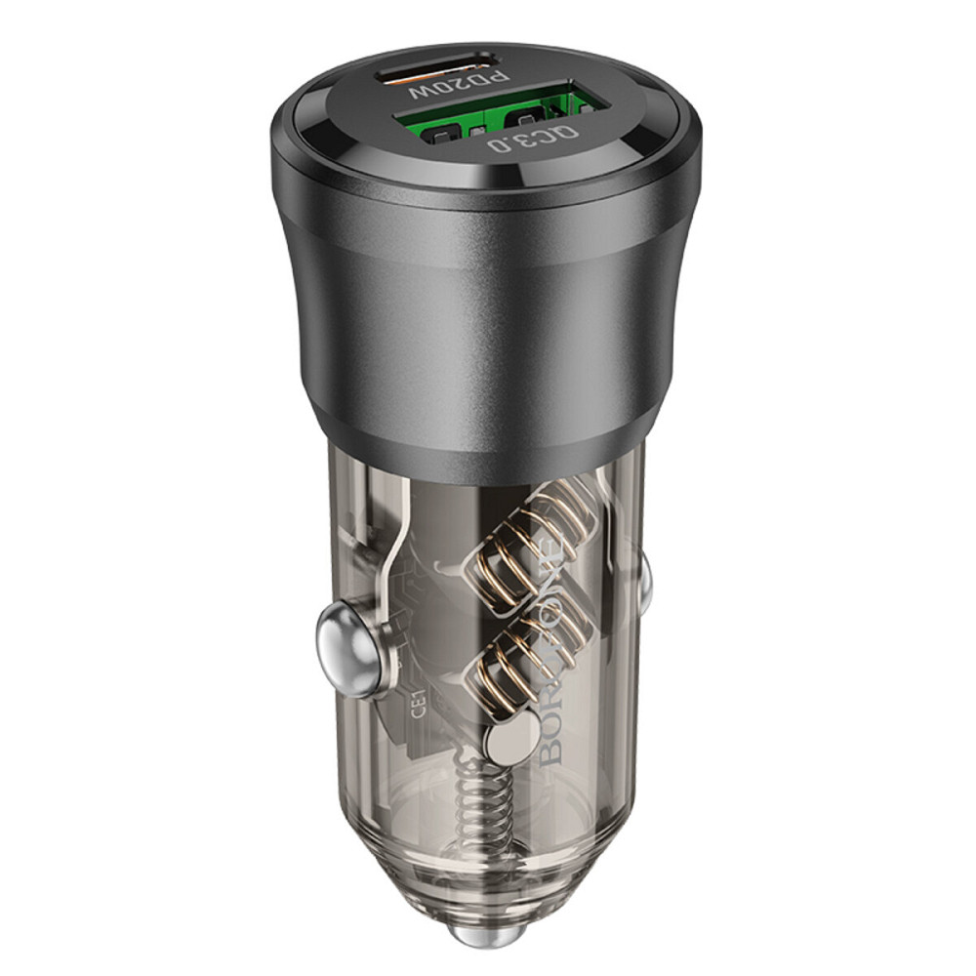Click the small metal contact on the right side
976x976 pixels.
coord(641,578)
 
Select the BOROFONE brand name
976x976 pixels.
coord(552,664)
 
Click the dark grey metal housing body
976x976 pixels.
coord(488,322)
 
